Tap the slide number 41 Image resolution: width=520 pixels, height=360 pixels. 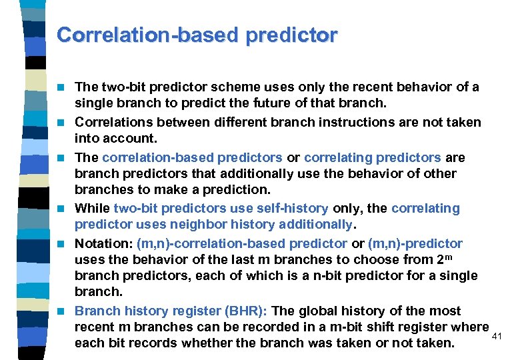coord(497,336)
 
